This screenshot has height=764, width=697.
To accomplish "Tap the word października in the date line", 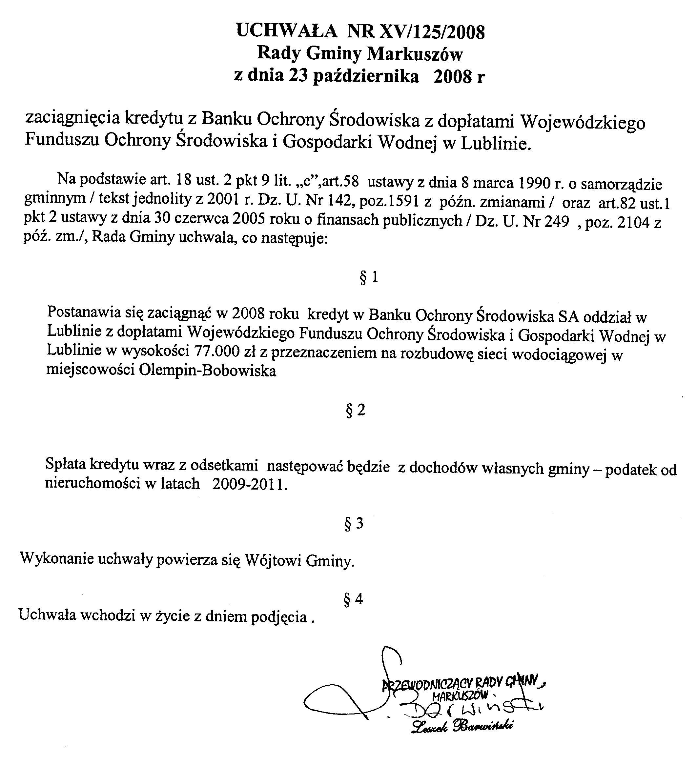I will pyautogui.click(x=366, y=76).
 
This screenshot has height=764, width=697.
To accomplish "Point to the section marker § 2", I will pyautogui.click(x=356, y=410).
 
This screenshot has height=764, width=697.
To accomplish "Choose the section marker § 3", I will pyautogui.click(x=354, y=523).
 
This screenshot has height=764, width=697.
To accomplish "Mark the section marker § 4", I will pyautogui.click(x=353, y=599).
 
